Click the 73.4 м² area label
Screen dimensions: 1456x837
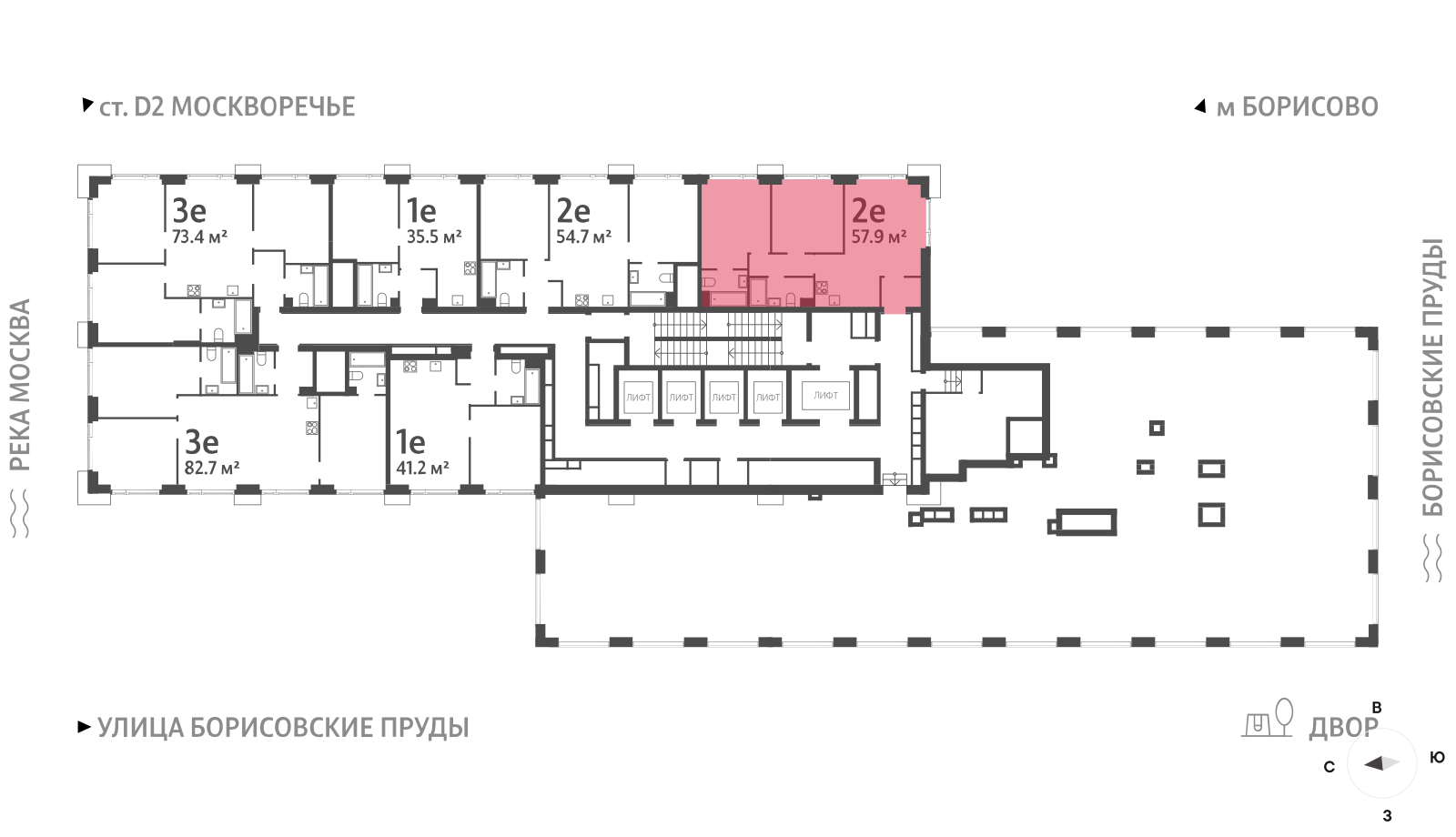[x=199, y=237]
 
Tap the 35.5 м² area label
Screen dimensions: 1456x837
[x=434, y=237]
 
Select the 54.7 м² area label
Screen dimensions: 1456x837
[x=583, y=237]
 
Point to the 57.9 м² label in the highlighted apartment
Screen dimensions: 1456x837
[x=879, y=237]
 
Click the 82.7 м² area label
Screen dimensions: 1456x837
[x=212, y=468]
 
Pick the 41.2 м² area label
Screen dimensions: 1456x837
[x=423, y=468]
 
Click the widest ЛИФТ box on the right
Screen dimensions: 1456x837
[x=825, y=395]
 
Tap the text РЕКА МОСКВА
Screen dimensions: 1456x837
[x=21, y=385]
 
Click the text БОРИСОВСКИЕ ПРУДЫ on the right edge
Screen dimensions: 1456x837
[x=1432, y=378]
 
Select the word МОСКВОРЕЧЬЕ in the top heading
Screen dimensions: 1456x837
[x=263, y=107]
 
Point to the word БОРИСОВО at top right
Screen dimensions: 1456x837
[x=1309, y=107]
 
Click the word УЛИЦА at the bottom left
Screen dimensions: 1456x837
[x=140, y=728]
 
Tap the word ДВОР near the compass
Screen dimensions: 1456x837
[x=1343, y=728]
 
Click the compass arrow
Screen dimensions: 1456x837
[x=1382, y=763]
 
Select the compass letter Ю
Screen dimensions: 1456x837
[x=1438, y=757]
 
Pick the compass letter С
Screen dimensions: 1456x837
[x=1330, y=768]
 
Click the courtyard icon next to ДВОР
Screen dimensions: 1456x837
[x=1267, y=719]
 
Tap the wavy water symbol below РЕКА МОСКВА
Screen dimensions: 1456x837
[x=21, y=513]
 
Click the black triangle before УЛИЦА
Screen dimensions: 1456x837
[x=84, y=727]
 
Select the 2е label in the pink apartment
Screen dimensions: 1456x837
[x=868, y=210]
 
